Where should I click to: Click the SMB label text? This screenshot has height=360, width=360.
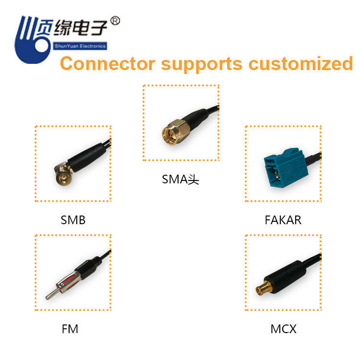click(73, 220)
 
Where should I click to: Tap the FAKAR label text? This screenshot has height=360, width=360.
click(283, 220)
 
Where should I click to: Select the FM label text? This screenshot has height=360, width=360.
click(70, 329)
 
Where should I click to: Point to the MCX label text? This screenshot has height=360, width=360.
click(283, 329)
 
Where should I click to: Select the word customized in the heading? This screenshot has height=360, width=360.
click(300, 64)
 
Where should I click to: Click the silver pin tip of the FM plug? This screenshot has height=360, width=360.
click(48, 296)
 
